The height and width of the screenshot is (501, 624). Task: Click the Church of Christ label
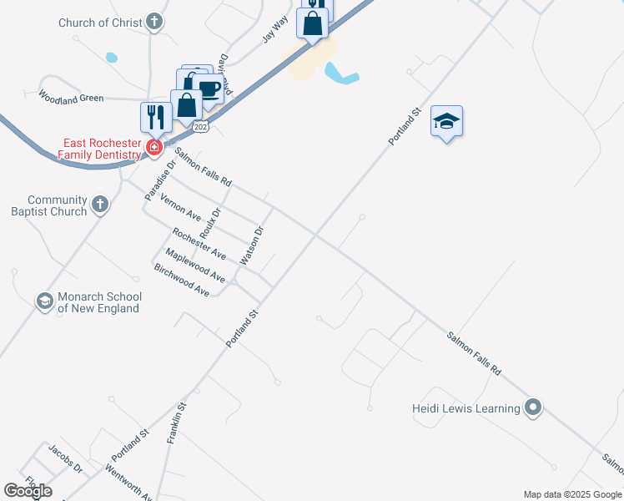[x=100, y=23]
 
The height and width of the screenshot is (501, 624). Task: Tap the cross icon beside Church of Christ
[x=154, y=22]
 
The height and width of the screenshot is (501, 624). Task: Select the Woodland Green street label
[x=71, y=98]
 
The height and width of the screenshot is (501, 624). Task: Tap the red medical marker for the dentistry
[x=153, y=149]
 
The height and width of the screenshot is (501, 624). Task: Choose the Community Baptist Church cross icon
[x=99, y=205]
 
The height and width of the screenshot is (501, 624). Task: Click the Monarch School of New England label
[x=98, y=302]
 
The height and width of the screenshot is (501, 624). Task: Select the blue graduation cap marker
[x=447, y=122]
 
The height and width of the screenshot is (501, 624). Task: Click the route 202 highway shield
[x=200, y=127]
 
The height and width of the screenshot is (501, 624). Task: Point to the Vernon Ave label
[x=181, y=206]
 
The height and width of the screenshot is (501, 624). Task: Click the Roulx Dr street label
[x=209, y=222]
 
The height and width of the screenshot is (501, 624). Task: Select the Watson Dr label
[x=252, y=245]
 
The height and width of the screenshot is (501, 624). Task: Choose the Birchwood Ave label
[x=181, y=280]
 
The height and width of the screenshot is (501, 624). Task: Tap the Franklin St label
[x=178, y=423]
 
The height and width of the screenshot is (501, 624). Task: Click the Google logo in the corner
[x=28, y=491]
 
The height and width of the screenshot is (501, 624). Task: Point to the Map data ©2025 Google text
[x=572, y=494]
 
